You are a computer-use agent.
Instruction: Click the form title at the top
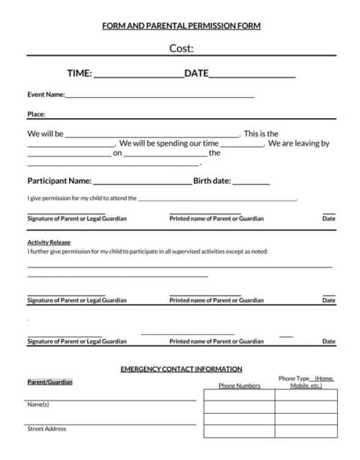point(181,26)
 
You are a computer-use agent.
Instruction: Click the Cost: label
point(181,48)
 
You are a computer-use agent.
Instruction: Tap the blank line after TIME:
point(138,74)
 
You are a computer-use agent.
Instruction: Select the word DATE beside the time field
point(197,73)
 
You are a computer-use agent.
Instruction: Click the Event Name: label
point(46,94)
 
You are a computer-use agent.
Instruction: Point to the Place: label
point(36,114)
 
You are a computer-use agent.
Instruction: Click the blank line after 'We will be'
point(153,135)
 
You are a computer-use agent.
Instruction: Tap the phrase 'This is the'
point(261,133)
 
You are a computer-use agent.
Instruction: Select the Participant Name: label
point(59,181)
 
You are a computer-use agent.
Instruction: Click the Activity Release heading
point(49,243)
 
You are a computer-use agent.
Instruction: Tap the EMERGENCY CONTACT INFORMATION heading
point(181,369)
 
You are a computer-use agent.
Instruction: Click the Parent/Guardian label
point(50,382)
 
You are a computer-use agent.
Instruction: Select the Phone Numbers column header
point(239,386)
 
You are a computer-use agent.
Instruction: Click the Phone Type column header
point(306,382)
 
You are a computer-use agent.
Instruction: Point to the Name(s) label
point(38,405)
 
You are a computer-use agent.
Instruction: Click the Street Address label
point(47,428)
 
